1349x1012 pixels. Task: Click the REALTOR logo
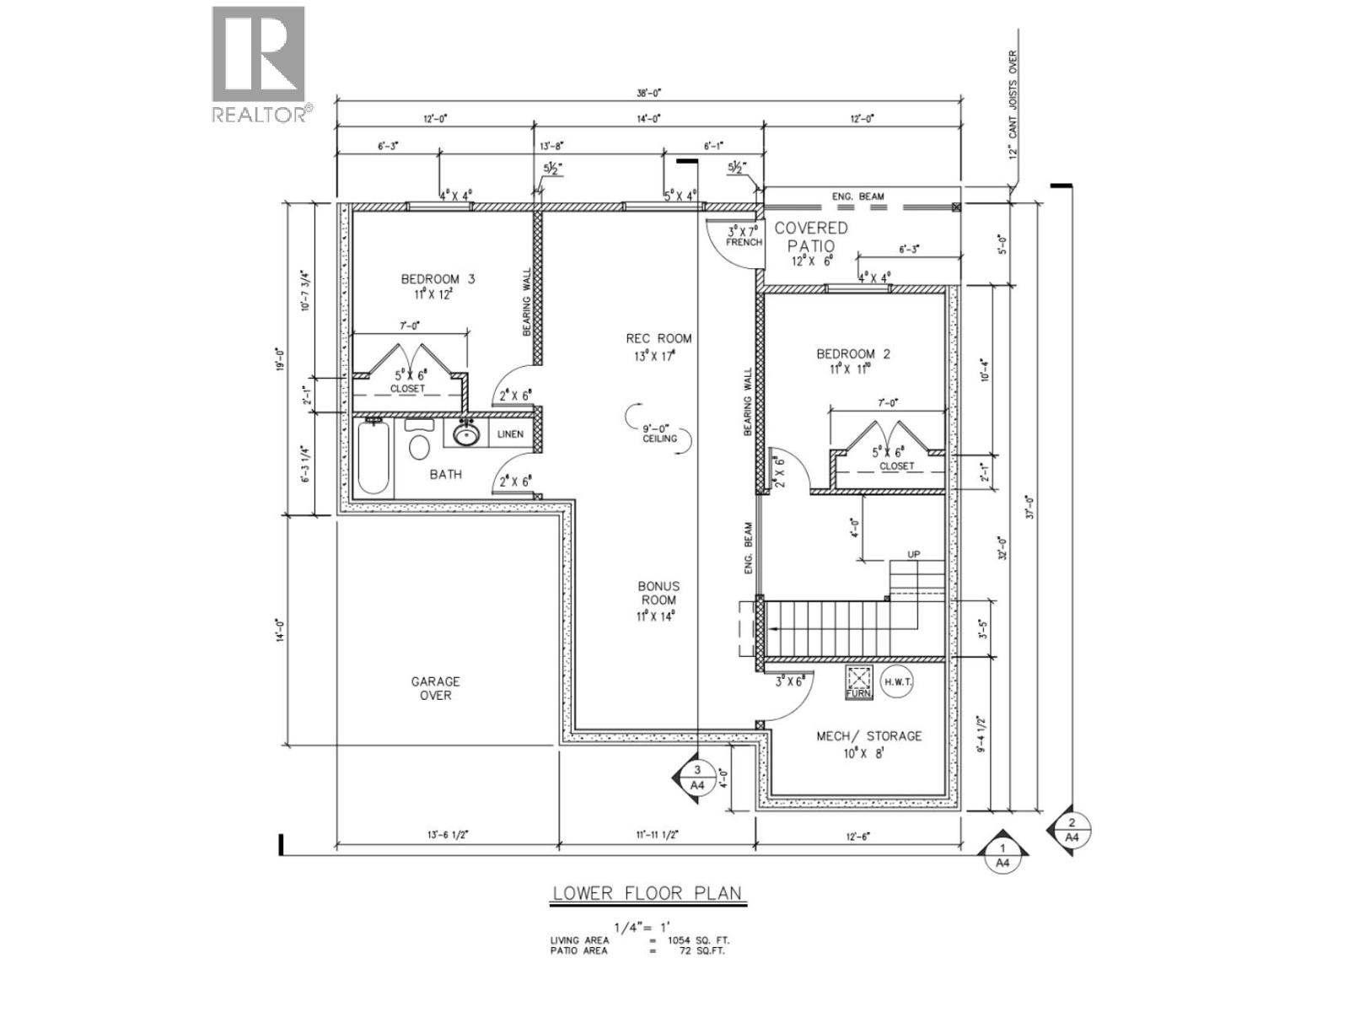(258, 64)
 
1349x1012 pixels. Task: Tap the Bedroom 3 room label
(438, 286)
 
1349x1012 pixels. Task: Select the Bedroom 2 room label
(852, 361)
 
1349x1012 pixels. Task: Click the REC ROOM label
(658, 346)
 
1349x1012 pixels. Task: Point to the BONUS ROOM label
(658, 600)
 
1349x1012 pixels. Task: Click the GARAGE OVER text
(436, 688)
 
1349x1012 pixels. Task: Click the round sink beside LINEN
(466, 435)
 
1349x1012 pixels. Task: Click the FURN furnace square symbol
(858, 681)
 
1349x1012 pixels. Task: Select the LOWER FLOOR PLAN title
(647, 893)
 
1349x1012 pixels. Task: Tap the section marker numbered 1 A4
(1002, 855)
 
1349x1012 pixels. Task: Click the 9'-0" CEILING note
(659, 433)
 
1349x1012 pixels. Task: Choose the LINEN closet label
(509, 434)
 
